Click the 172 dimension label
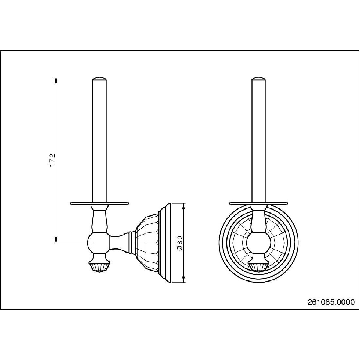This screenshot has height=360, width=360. pyautogui.click(x=53, y=160)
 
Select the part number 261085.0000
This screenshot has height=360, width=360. pyautogui.click(x=331, y=302)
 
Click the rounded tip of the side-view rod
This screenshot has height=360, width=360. pyautogui.click(x=100, y=79)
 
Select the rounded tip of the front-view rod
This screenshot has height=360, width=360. pyautogui.click(x=259, y=79)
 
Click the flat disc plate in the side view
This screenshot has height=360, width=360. pyautogui.click(x=100, y=203)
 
